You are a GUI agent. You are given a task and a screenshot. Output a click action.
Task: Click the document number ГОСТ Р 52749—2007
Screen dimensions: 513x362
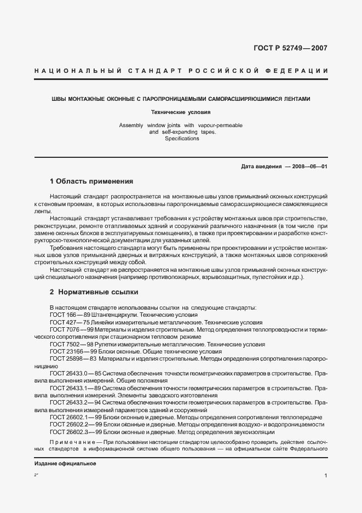coord(290,48)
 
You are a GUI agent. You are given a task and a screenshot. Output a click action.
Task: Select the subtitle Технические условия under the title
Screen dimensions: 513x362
coord(181,112)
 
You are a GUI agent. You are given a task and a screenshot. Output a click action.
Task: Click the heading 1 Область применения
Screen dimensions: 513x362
coord(91,181)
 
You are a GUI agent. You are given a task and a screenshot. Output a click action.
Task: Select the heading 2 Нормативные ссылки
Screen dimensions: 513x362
coord(94,292)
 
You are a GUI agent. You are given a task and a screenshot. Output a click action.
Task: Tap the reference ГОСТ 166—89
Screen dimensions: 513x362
coord(68,316)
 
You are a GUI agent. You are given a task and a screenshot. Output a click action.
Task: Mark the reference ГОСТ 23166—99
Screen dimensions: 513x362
coord(72,351)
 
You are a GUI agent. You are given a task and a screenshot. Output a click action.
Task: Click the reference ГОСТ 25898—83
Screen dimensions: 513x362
coord(73,358)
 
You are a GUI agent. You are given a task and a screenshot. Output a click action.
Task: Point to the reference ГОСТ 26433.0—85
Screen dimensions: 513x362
coord(76,373)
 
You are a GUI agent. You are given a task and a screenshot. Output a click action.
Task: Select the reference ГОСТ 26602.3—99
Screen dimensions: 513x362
coord(76,432)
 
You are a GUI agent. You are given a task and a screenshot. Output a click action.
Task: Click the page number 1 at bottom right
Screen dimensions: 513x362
coord(325,477)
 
